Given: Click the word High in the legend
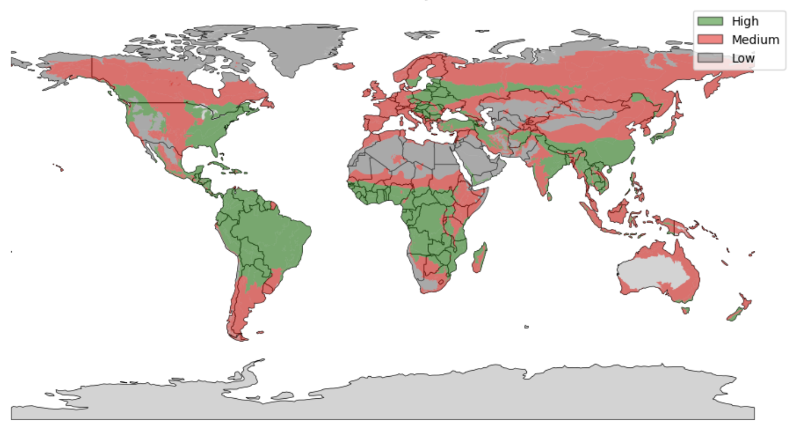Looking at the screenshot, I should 744,21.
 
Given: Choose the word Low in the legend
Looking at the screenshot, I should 743,58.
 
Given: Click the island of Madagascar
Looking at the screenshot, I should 479,258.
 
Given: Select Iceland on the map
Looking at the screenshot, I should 344,66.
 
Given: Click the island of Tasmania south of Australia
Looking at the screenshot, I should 685,310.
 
